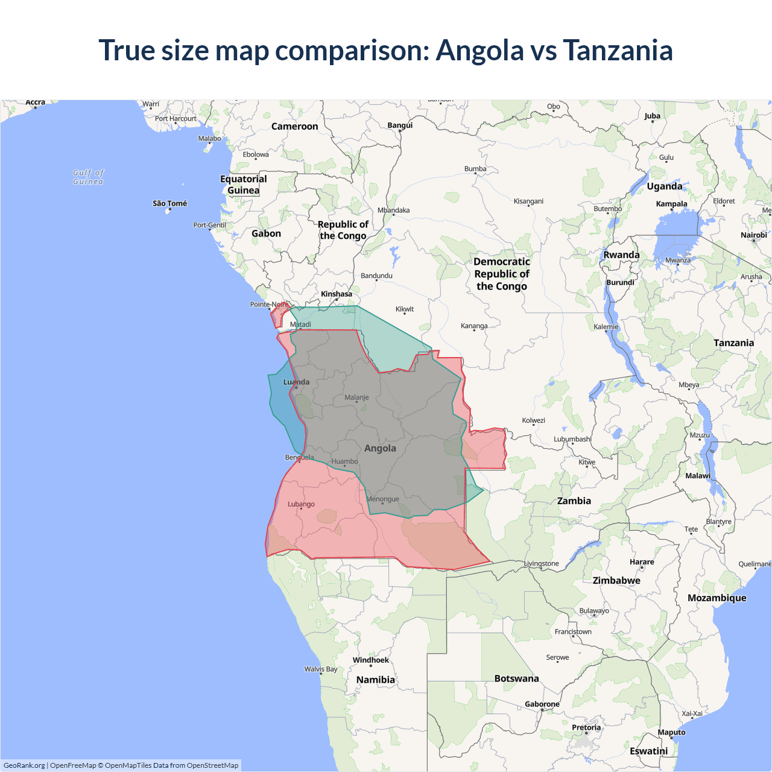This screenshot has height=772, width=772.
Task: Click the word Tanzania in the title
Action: [618, 50]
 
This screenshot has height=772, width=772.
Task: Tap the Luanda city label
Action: [296, 382]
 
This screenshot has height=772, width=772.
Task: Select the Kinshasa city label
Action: [336, 294]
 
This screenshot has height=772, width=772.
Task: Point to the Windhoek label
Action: [370, 660]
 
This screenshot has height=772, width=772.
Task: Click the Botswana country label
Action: [516, 679]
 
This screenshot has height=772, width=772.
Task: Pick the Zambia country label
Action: [574, 501]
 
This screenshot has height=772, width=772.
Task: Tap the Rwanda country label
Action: [621, 255]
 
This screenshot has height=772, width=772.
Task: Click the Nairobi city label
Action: [753, 235]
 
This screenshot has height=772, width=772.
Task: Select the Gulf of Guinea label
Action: [88, 177]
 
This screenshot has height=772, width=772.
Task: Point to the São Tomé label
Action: [169, 203]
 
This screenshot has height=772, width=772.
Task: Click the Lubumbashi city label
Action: [572, 439]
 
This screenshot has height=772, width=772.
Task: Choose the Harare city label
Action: [642, 562]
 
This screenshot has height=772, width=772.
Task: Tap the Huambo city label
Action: [344, 461]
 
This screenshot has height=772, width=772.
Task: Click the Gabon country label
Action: [266, 233]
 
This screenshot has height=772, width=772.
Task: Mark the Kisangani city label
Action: [528, 201]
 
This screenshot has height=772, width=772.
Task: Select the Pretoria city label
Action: [586, 727]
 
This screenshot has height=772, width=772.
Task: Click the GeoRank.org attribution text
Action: [24, 765]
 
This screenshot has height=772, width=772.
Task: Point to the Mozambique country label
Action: [717, 598]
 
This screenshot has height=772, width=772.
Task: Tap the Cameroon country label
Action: [294, 126]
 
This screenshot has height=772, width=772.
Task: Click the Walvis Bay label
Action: [320, 669]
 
